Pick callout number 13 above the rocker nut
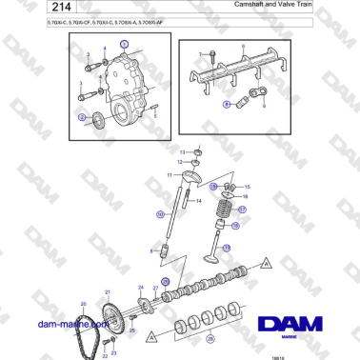click(x=183, y=152)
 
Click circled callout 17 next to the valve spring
click(x=242, y=210)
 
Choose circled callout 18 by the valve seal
click(x=235, y=227)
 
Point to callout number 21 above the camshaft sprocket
click(x=108, y=290)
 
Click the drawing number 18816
click(x=305, y=354)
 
